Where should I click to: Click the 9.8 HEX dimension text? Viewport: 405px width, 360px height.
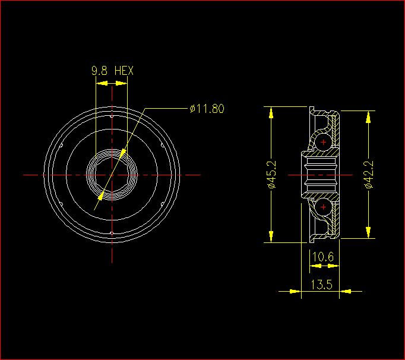(x=113, y=71)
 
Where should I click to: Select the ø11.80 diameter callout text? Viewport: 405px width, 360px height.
(x=207, y=109)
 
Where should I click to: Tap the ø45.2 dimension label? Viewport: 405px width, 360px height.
(x=272, y=175)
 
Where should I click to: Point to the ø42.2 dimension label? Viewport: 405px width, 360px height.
(x=369, y=175)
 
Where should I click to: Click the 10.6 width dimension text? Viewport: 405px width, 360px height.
(x=323, y=257)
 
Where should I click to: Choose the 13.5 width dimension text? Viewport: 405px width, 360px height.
(x=321, y=285)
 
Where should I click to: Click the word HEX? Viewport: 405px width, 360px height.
(x=124, y=71)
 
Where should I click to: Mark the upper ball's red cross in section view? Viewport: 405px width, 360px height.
(x=324, y=142)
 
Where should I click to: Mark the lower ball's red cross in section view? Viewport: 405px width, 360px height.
(x=324, y=207)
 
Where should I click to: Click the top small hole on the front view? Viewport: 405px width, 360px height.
(x=112, y=116)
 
